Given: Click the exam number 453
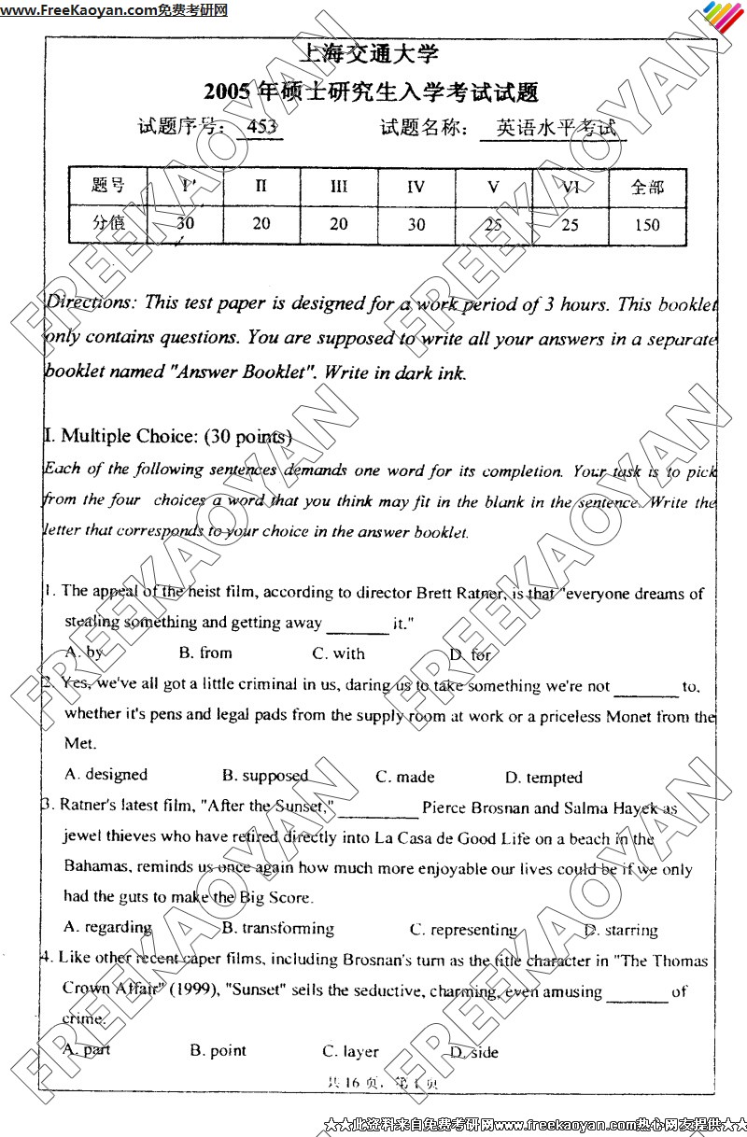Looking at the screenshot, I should [x=260, y=129].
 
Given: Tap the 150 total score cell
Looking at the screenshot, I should [x=645, y=224].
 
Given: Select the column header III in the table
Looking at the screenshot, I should [x=339, y=186].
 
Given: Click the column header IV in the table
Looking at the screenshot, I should [x=416, y=186].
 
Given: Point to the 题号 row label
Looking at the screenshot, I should [x=107, y=185].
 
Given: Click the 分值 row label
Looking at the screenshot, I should [x=107, y=223].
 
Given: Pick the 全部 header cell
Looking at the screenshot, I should [x=646, y=187].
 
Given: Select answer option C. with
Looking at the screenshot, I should [x=339, y=653].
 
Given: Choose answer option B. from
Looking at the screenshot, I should [x=205, y=653].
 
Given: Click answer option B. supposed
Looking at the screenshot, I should [x=265, y=776].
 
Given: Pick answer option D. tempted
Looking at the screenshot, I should [x=543, y=778].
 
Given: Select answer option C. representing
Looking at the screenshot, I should [x=463, y=930].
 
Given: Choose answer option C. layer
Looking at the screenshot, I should [x=350, y=1051].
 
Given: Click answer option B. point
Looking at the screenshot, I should [x=218, y=1050].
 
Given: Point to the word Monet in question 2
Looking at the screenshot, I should [x=629, y=717].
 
